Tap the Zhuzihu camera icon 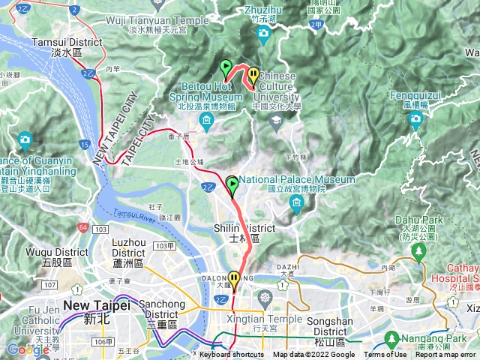click(262, 34)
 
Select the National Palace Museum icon click(296, 205)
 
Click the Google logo click(28, 349)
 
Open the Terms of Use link click(385, 355)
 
